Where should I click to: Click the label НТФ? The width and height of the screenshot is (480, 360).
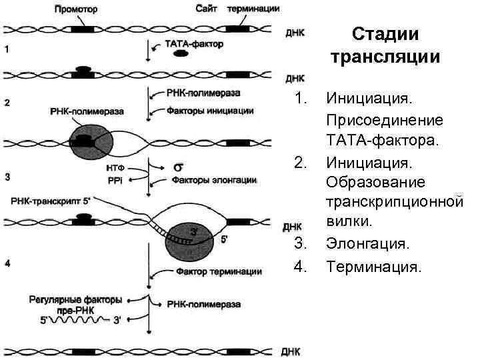pyautogui.click(x=114, y=167)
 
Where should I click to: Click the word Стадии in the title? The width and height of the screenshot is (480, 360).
pyautogui.click(x=385, y=33)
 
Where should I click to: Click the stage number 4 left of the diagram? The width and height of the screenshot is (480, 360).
pyautogui.click(x=7, y=264)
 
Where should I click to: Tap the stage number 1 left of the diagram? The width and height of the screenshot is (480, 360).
pyautogui.click(x=7, y=49)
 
